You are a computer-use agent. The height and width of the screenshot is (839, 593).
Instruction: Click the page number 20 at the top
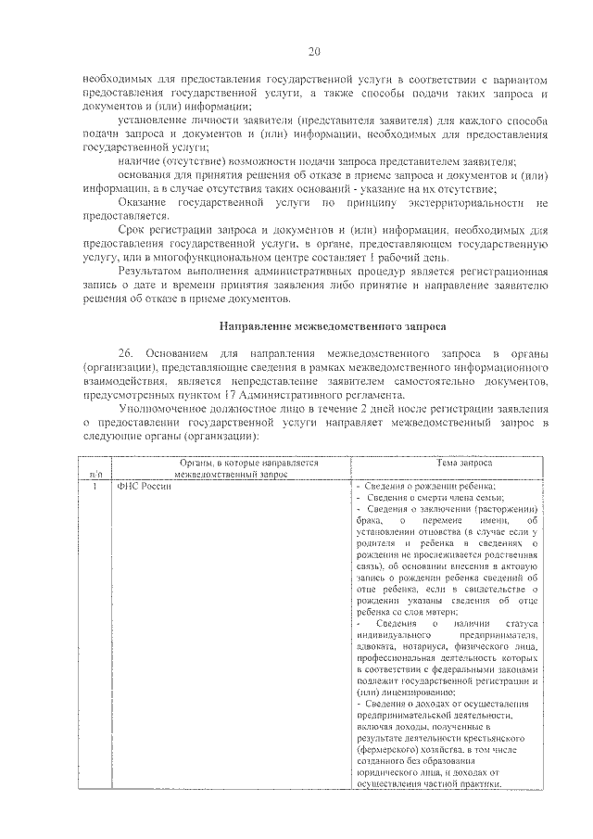[x=314, y=52]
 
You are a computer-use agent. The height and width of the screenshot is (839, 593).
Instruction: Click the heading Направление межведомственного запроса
[x=333, y=326]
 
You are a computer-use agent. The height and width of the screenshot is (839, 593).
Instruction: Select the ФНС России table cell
[x=138, y=488]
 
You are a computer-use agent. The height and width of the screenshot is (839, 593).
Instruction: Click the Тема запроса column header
[x=464, y=462]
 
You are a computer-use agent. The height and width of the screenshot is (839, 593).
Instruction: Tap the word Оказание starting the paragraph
[x=142, y=201]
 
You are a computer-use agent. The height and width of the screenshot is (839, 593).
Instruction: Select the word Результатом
[x=153, y=272]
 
